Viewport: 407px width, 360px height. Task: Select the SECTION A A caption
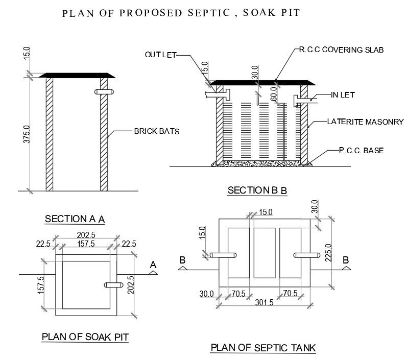point(75,219)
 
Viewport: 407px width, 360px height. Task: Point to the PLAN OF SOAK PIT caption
point(85,337)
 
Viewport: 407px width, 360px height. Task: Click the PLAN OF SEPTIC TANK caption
point(263,348)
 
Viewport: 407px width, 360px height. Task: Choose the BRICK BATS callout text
point(157,131)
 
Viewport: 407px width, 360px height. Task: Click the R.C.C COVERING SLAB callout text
point(341,50)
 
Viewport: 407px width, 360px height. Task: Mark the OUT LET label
point(160,55)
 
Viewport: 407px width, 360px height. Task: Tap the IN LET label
point(342,95)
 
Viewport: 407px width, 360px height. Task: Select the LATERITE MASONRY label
point(366,122)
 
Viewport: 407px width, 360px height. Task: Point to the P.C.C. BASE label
point(361,151)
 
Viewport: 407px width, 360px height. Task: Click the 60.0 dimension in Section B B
point(273,93)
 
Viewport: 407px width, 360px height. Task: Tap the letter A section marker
point(153,265)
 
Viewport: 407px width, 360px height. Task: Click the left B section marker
point(182,260)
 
